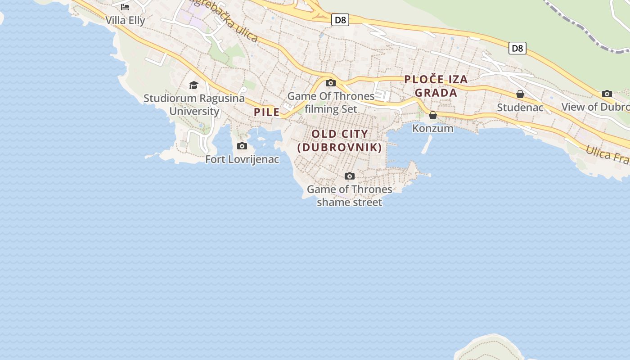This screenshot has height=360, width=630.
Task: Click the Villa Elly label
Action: pyautogui.click(x=125, y=20)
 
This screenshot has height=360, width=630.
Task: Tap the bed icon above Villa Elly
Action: pyautogui.click(x=125, y=7)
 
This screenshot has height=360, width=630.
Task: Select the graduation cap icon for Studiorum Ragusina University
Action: pyautogui.click(x=193, y=85)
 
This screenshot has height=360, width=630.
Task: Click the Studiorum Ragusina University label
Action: pyautogui.click(x=194, y=104)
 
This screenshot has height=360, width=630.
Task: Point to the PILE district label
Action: pyautogui.click(x=267, y=112)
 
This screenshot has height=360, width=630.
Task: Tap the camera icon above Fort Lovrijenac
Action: pyautogui.click(x=242, y=146)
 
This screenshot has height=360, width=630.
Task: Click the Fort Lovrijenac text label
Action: pyautogui.click(x=242, y=159)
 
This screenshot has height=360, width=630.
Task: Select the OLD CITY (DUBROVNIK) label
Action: pyautogui.click(x=340, y=140)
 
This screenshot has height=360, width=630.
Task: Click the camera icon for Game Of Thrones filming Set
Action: pyautogui.click(x=331, y=83)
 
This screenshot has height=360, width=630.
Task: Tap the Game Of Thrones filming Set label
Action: pyautogui.click(x=331, y=103)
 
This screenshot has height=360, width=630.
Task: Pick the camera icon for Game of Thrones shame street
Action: pyautogui.click(x=350, y=176)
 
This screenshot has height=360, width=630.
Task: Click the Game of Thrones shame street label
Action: pyautogui.click(x=350, y=196)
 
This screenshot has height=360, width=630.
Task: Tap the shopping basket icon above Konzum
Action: pyautogui.click(x=433, y=115)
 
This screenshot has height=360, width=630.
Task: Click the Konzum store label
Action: pyautogui.click(x=433, y=128)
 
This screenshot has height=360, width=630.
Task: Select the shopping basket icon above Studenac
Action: pyautogui.click(x=520, y=94)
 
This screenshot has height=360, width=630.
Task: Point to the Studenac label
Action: pyautogui.click(x=520, y=108)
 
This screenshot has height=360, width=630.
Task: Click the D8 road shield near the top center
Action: pyautogui.click(x=340, y=20)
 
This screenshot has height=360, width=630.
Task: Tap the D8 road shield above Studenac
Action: pyautogui.click(x=517, y=48)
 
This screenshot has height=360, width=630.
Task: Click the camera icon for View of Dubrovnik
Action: pyautogui.click(x=607, y=94)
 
